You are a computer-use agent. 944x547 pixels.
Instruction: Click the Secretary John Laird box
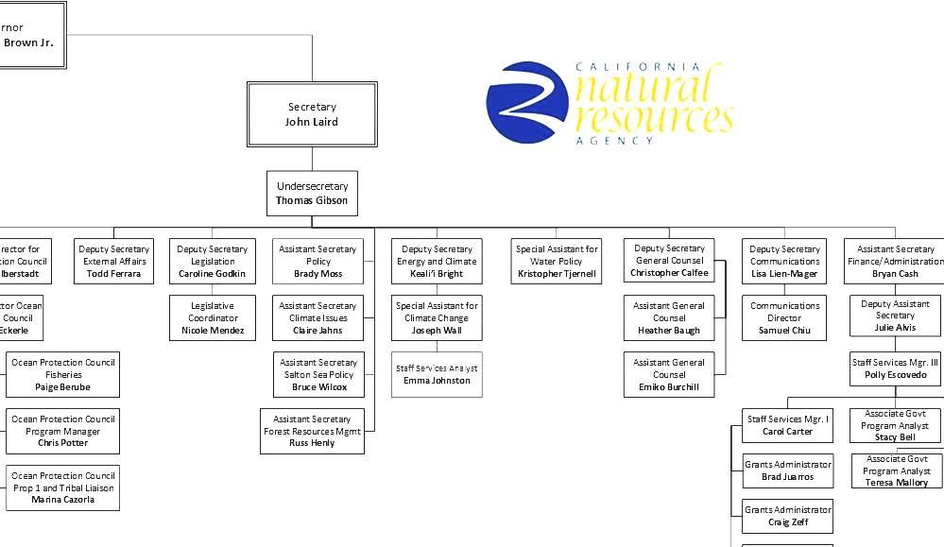[x=312, y=114]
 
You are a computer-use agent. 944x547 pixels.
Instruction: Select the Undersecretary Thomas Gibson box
[x=312, y=194]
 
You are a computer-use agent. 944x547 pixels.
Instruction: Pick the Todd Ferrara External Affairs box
[x=113, y=262]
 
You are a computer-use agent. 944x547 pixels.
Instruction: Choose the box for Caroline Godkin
[x=212, y=262]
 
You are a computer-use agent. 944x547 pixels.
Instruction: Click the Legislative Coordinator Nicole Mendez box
[x=213, y=318]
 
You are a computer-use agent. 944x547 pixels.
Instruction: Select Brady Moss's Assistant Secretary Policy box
[x=318, y=262]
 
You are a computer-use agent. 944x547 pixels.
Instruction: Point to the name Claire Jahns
[x=318, y=331]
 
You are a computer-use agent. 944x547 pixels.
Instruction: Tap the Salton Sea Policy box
[x=318, y=375]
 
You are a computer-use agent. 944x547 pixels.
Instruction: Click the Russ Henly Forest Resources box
[x=312, y=431]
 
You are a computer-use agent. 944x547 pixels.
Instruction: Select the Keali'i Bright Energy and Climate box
[x=437, y=262]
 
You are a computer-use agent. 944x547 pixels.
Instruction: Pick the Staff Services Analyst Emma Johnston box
[x=437, y=374]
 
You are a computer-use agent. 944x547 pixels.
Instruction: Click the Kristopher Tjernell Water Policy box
[x=558, y=262]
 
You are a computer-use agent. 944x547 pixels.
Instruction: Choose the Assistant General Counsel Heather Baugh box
[x=669, y=318]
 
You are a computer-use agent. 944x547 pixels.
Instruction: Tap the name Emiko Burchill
[x=669, y=387]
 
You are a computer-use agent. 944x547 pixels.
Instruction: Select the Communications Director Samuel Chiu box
[x=784, y=318]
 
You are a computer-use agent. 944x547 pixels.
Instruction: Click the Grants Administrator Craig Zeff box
[x=787, y=516]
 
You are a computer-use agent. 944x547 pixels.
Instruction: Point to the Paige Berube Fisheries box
[x=63, y=375]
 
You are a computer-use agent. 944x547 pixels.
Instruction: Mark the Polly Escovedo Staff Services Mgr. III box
[x=895, y=368]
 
